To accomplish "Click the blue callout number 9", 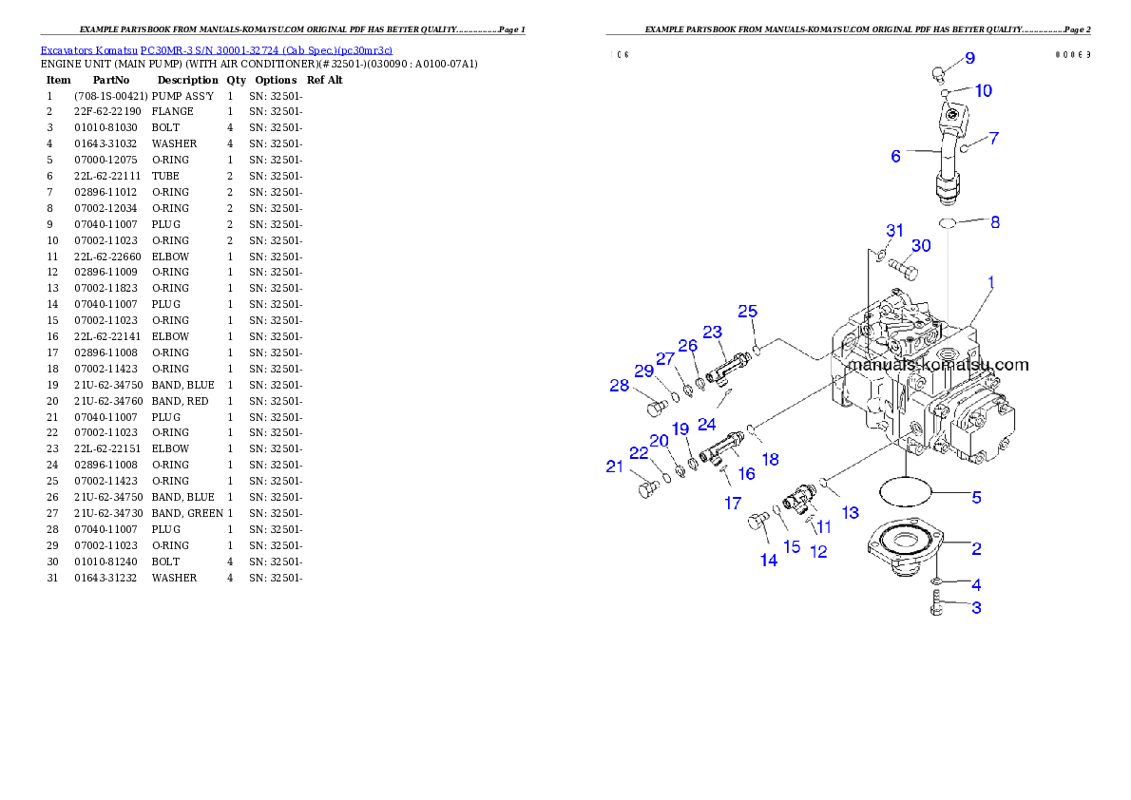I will pos(969,58).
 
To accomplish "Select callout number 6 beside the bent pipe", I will pos(895,156).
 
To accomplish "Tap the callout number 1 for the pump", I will pos(990,282).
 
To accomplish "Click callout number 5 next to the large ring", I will pos(976,496).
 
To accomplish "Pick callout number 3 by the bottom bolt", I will pos(976,607).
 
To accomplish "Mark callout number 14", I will pos(768,561).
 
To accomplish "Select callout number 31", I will pos(894,231).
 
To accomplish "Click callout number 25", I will pos(748,312).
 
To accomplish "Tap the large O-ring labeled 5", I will pos(904,492).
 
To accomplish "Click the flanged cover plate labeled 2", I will pos(904,545).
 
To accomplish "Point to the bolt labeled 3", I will pos(935,602).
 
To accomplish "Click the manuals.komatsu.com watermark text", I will pos(937,365).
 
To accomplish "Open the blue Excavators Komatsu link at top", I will pos(216,50).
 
